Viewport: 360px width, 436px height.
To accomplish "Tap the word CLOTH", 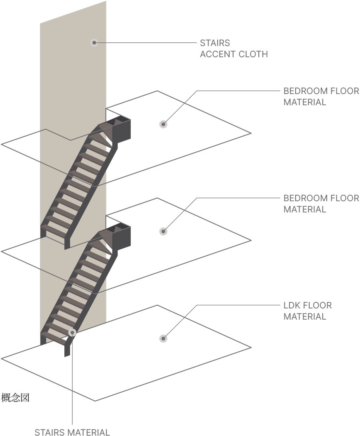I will tap(253, 54).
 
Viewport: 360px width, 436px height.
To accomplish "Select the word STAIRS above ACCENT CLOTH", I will tap(215, 43).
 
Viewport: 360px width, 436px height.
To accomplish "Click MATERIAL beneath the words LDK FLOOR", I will tap(305, 317).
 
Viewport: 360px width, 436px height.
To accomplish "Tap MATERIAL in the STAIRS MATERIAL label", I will tap(89, 432).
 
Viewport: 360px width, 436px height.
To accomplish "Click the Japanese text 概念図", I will tap(15, 398).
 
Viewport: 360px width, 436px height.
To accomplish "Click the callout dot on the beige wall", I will tap(94, 42).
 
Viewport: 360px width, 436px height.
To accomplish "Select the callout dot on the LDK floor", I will tap(163, 338).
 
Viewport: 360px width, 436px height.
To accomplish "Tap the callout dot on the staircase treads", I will tap(72, 332).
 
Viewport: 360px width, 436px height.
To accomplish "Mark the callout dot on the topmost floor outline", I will tap(163, 124).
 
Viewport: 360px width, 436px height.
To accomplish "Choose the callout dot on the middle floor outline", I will tap(163, 231).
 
